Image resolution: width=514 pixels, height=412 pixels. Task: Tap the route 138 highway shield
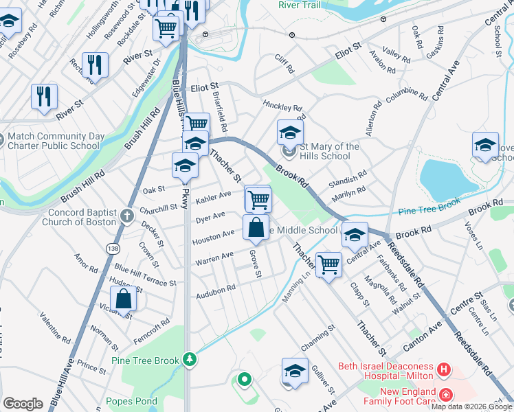coord(111,247)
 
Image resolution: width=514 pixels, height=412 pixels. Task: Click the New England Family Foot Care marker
coord(446,395)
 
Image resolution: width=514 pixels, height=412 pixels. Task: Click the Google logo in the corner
coord(23,404)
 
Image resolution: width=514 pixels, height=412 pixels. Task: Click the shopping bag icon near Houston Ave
coord(256,227)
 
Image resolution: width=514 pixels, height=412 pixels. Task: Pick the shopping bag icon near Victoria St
coord(124,299)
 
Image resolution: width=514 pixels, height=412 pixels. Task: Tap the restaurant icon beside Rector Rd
coord(95,65)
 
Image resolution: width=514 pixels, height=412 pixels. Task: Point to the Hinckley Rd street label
coord(282,108)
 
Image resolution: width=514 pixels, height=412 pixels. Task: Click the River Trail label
coord(299,5)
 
